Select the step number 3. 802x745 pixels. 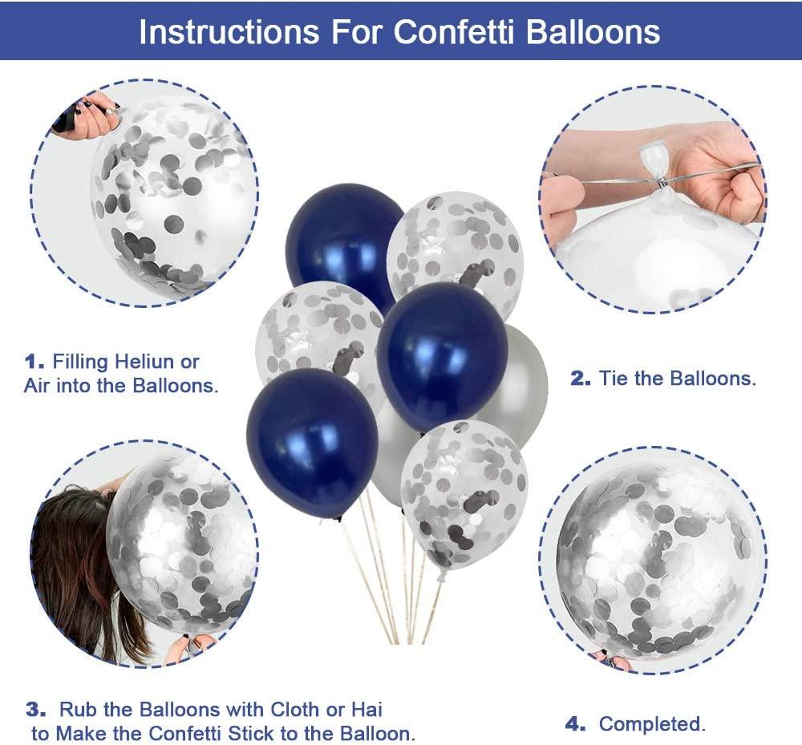(x=36, y=710)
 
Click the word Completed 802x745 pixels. (x=652, y=724)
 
